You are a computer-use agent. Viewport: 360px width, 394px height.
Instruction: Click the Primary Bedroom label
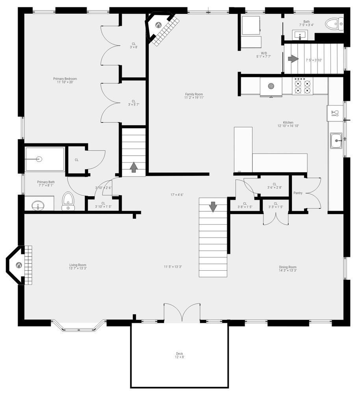pos(65,80)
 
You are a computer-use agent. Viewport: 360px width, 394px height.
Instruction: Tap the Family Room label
pos(194,96)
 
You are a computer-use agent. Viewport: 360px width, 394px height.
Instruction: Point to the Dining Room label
pos(288,269)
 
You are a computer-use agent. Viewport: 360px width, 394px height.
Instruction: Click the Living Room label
pos(78,267)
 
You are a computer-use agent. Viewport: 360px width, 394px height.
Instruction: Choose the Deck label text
pos(179,355)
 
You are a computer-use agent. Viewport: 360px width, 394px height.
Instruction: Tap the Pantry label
pos(298,193)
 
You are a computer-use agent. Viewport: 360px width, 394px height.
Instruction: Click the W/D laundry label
pos(264,55)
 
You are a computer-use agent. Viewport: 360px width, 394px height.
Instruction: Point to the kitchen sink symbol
pos(336,140)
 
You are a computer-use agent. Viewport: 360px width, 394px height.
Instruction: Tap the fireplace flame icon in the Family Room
pos(158,25)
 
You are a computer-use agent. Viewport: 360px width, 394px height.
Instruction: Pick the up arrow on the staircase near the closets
pos(134,167)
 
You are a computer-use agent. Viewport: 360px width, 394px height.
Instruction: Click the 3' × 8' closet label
pos(134,45)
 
